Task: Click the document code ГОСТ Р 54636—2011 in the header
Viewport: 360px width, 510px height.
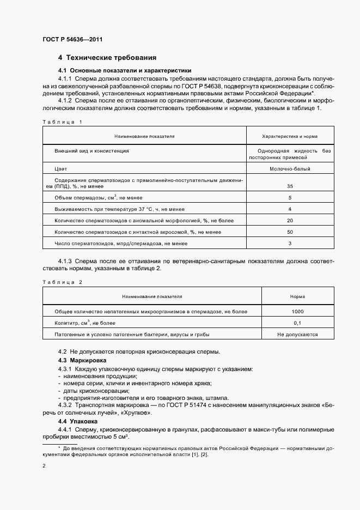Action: (x=72, y=40)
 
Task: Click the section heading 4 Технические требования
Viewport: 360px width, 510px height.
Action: (x=108, y=58)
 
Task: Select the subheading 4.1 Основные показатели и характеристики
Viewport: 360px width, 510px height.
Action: (x=124, y=71)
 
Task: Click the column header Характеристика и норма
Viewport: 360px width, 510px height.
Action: (x=290, y=136)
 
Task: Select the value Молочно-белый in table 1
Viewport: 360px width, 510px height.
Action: (x=290, y=169)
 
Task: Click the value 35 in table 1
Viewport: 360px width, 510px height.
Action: (x=290, y=186)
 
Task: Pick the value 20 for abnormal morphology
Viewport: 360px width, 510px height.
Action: (x=290, y=221)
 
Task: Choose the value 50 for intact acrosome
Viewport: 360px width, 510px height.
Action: (x=290, y=232)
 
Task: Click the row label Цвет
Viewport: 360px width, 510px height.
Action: (x=61, y=169)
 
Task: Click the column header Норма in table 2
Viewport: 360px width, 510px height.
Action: (x=297, y=296)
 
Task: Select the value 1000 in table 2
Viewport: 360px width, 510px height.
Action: (x=297, y=312)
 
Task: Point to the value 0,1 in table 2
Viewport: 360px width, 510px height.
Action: (x=297, y=323)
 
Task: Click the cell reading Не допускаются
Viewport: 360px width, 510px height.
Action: (x=297, y=335)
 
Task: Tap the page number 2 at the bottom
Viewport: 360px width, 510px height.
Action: (x=44, y=466)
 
